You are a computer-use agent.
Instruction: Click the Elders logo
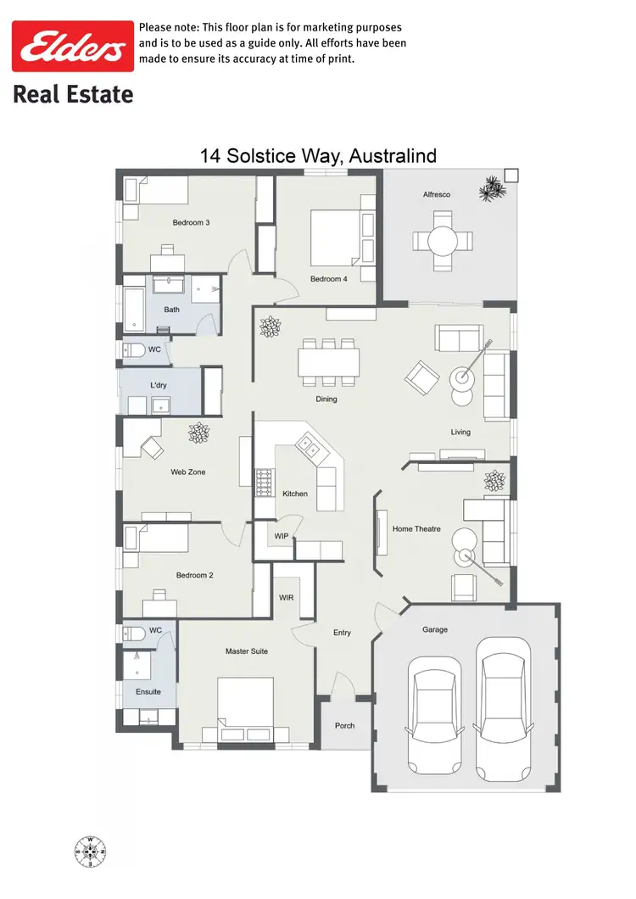(x=72, y=47)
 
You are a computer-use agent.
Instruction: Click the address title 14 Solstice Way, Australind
(x=318, y=156)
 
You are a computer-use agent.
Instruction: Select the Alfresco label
(x=437, y=195)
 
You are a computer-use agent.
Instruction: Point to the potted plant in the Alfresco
(x=489, y=188)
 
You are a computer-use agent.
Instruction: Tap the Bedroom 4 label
(x=328, y=279)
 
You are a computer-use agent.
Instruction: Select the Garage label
(x=435, y=629)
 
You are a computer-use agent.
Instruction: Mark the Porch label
(x=345, y=726)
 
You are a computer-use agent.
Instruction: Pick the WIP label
(x=282, y=536)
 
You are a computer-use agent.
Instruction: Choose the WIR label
(x=287, y=598)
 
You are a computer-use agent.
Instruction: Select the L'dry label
(x=159, y=386)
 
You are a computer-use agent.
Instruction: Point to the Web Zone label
(x=187, y=472)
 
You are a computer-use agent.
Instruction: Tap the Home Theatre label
(x=416, y=529)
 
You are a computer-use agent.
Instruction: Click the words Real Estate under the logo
(x=73, y=93)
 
